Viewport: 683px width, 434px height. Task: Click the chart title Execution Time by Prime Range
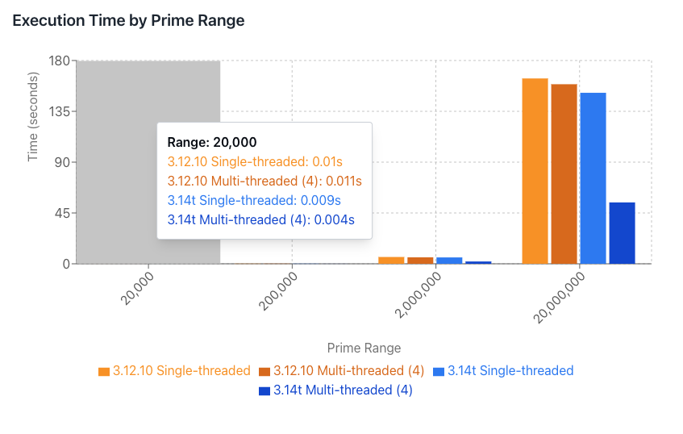tap(128, 21)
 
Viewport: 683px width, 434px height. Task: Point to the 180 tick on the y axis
tap(60, 61)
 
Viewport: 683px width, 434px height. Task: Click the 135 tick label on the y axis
tap(60, 112)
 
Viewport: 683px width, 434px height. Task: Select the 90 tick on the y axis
tap(63, 163)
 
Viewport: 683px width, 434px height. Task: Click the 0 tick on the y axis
tap(66, 264)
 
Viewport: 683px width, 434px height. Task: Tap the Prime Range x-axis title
tap(364, 348)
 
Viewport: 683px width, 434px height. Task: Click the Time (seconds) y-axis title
tap(33, 118)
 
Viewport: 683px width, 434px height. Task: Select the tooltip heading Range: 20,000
tap(212, 142)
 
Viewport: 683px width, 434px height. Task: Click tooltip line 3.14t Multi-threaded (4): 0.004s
tap(261, 219)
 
